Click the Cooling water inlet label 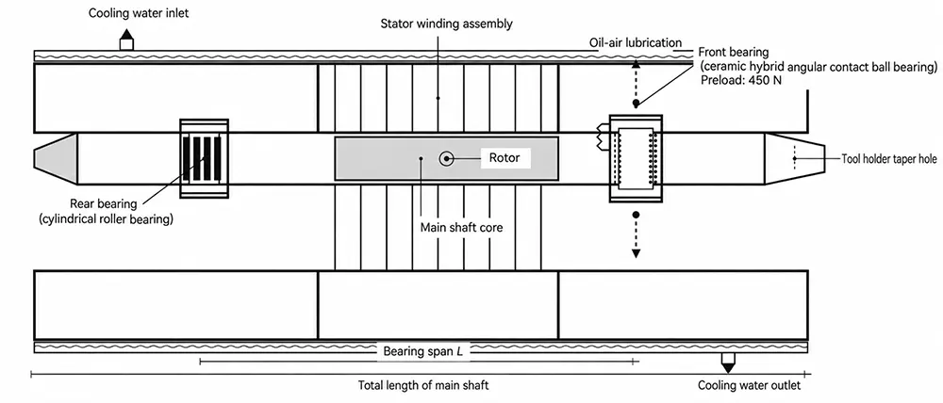pyautogui.click(x=139, y=12)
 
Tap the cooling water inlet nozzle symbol pyautogui.click(x=126, y=40)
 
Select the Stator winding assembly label pyautogui.click(x=447, y=24)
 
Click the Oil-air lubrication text pyautogui.click(x=636, y=42)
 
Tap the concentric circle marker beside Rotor pyautogui.click(x=446, y=158)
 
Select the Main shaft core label pyautogui.click(x=455, y=228)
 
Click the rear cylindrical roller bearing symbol pyautogui.click(x=205, y=158)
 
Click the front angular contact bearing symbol pyautogui.click(x=636, y=158)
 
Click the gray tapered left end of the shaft pyautogui.click(x=56, y=158)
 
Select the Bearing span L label pyautogui.click(x=423, y=350)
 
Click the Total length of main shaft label pyautogui.click(x=423, y=385)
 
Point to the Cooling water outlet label pyautogui.click(x=750, y=385)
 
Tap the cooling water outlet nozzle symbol pyautogui.click(x=728, y=363)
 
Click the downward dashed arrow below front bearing pyautogui.click(x=636, y=234)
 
